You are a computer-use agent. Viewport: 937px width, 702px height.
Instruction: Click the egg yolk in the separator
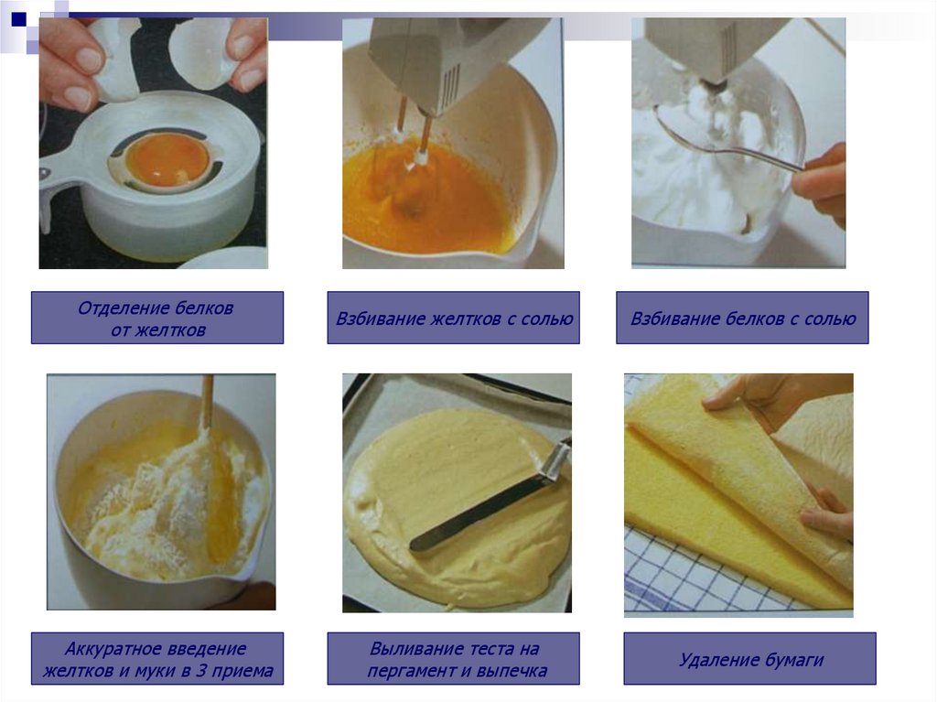(x=168, y=160)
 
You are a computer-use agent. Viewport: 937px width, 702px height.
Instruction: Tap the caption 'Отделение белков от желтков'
(x=156, y=319)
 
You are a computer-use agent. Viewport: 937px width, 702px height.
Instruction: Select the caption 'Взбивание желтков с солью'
(x=454, y=319)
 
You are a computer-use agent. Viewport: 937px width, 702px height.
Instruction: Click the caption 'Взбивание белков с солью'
(x=743, y=319)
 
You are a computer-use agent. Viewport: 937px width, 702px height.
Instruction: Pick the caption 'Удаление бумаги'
(x=750, y=660)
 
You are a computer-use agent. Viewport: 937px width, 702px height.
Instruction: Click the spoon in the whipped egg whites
(x=726, y=141)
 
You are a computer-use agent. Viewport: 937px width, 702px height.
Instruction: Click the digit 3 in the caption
(x=200, y=670)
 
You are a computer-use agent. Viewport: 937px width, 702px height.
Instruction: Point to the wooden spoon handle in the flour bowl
(x=207, y=401)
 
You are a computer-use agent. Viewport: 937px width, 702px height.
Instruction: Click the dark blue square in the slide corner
(x=18, y=19)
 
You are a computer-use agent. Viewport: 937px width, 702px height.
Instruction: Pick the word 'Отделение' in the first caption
(x=115, y=308)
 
